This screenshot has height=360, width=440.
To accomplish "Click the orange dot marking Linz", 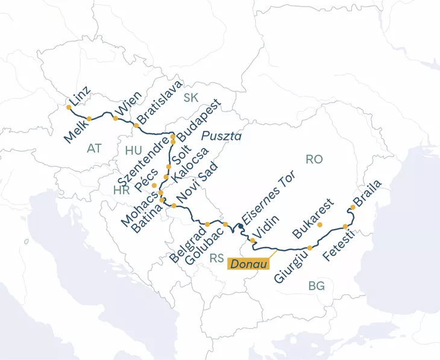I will pos(69,107).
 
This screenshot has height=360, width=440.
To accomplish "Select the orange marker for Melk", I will pos(89,119).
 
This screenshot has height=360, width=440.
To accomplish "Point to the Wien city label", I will pos(129,104).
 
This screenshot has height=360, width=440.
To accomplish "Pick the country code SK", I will pos(191,98).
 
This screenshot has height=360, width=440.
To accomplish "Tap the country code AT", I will pos(94,148).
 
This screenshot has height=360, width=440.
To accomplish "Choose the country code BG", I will pos(316,286).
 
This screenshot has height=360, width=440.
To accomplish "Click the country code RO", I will pos(315,159).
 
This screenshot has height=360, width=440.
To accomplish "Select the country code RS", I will pos(217,258).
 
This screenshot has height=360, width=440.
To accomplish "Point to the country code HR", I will pos(121,190).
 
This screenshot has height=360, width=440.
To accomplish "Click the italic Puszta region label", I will pos(221,136).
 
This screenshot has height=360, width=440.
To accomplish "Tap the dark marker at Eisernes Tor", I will pos(240,226).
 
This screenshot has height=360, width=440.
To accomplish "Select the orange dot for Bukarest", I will pos(320,225).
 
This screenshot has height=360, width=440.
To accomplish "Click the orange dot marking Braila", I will pos(353,207).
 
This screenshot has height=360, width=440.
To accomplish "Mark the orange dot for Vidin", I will pos(252,240).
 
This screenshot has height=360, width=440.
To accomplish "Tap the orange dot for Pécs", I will pos(154,185).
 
